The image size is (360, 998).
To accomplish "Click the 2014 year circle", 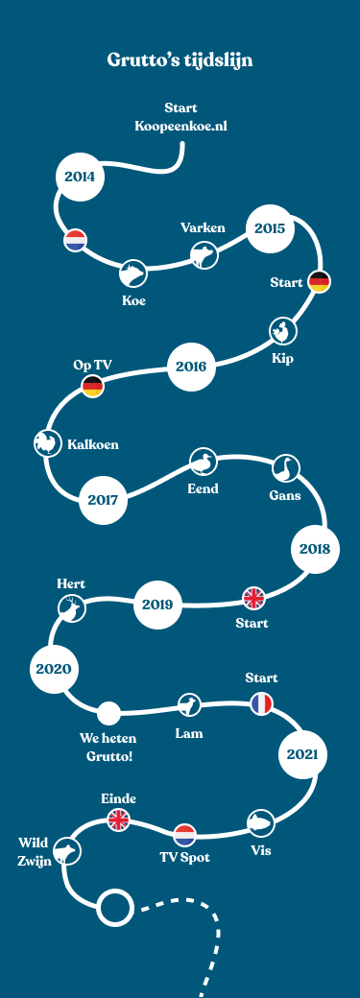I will [80, 177].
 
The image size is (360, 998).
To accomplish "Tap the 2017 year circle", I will [102, 500].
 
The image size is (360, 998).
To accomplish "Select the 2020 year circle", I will [54, 669].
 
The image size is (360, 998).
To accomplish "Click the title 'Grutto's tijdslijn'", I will [180, 61].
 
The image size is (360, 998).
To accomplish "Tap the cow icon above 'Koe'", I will [132, 273].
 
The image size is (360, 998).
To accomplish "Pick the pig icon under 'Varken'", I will [204, 254].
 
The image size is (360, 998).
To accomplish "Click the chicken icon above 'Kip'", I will [282, 332].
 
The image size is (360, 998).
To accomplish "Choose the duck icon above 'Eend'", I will [203, 462].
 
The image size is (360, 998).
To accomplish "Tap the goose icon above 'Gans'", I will [285, 468].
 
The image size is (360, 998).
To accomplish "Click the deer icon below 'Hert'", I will [71, 607].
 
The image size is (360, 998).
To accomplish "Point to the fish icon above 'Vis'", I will [260, 822].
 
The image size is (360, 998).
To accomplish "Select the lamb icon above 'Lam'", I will [190, 706].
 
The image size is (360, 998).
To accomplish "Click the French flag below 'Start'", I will [261, 703].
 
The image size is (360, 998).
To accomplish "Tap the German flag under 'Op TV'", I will [92, 387].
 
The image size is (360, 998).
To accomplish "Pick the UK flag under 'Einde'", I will [118, 820].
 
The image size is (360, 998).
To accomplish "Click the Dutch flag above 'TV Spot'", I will [184, 834].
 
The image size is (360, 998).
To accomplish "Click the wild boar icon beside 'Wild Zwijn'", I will [66, 850].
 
